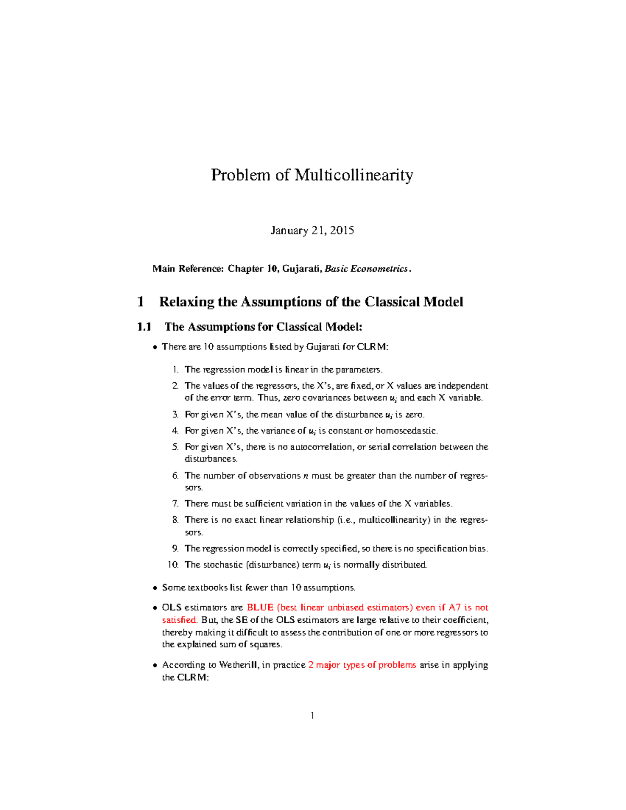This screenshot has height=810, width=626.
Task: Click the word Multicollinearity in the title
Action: point(354,175)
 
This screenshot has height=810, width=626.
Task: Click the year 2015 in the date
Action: point(342,231)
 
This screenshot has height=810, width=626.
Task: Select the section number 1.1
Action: point(144,327)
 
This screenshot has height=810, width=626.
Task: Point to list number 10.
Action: point(173,565)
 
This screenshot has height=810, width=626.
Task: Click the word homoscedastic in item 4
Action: point(406,431)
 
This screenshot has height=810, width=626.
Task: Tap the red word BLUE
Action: point(260,608)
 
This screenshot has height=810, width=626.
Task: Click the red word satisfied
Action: point(179,620)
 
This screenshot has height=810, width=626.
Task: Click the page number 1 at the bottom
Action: point(312,716)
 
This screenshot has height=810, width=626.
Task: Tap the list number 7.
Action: point(175,504)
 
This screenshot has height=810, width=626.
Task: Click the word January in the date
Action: point(288,231)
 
